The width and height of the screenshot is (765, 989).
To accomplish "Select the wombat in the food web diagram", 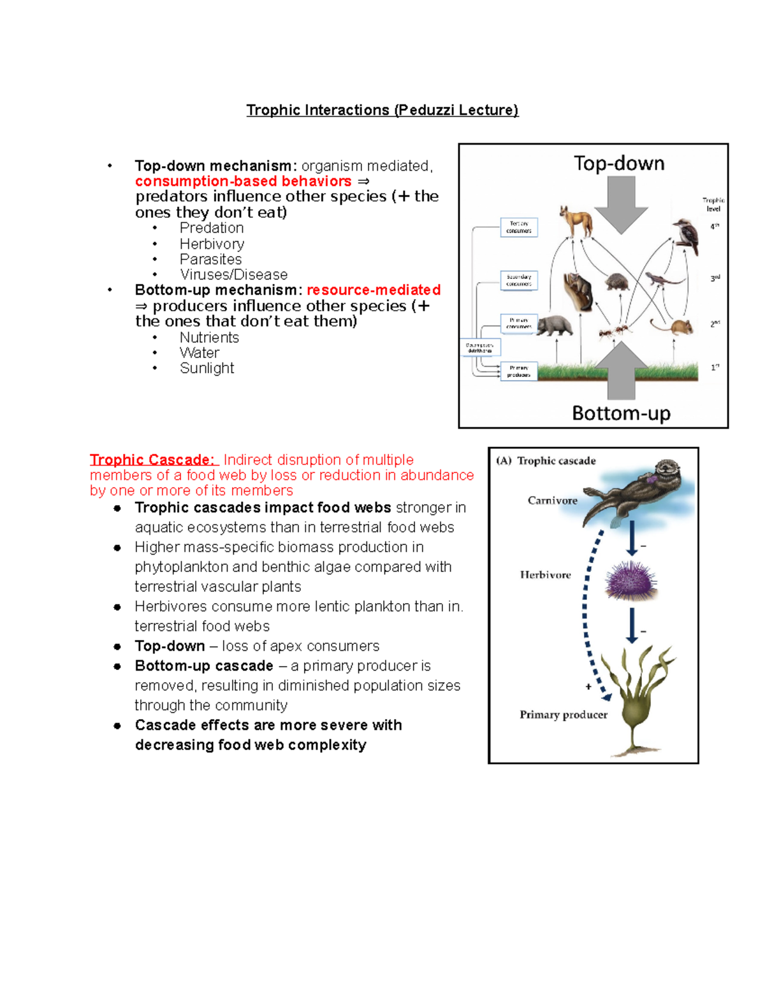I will pos(554,325).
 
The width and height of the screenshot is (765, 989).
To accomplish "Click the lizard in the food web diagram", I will pos(659,278).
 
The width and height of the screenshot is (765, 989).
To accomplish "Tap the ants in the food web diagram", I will pos(613,330).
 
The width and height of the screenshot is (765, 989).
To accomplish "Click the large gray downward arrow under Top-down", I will pos(620,204).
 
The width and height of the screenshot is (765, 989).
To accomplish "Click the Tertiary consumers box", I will pos(519,227).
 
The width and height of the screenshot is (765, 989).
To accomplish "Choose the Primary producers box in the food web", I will pos(519,371).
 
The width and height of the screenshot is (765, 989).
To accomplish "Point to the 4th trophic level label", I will pos(715,226).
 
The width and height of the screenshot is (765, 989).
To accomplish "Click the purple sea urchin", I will pos(630,580).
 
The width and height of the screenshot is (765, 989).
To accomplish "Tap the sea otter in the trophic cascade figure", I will pos(637,490).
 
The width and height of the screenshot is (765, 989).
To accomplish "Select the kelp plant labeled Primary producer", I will pos(637,701).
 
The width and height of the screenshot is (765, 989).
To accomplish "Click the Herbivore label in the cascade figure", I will pos(545,575).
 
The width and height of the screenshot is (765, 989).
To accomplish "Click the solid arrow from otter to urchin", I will pos(632,538).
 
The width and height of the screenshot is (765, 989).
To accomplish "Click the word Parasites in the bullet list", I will pos(210,259).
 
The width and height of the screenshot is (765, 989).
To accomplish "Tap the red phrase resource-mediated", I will pos(374,290).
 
